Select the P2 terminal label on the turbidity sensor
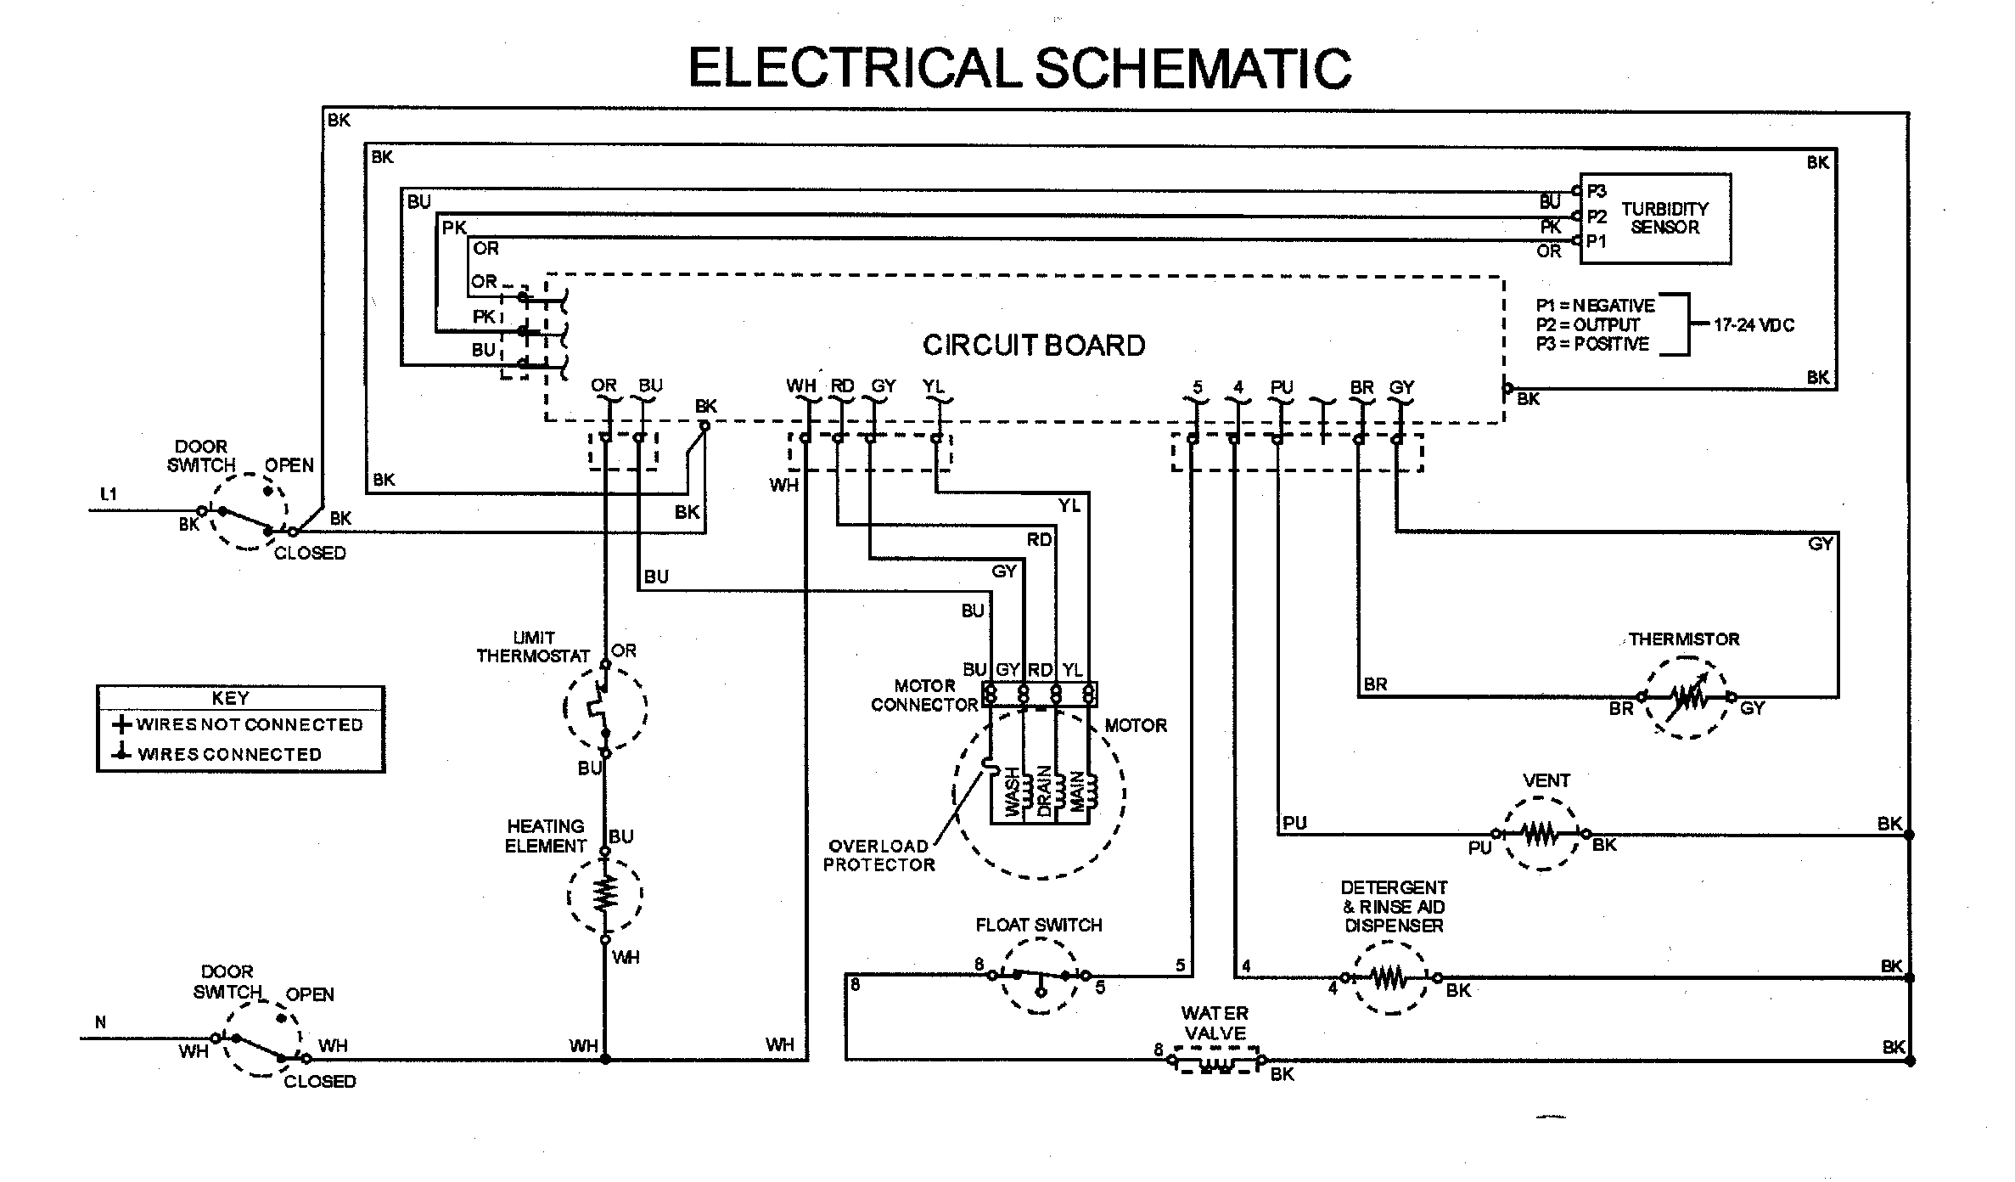tap(1596, 217)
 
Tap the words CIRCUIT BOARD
tap(1033, 346)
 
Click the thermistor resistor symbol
tap(1687, 697)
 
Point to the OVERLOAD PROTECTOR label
tap(878, 855)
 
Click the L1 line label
tap(109, 494)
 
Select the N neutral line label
tap(100, 1022)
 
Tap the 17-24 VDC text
tap(1754, 325)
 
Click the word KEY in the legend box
tap(230, 698)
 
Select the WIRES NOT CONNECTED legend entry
tap(238, 725)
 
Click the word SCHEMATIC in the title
tap(1192, 68)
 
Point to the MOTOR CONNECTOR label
tap(924, 695)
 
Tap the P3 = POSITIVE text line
tap(1592, 344)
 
